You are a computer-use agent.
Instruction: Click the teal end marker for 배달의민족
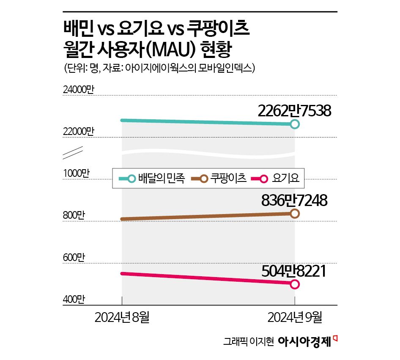[x=295, y=124]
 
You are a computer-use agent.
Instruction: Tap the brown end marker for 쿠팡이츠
[x=295, y=214]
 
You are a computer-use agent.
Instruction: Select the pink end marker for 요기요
[x=295, y=284]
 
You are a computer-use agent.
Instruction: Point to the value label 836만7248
[x=294, y=200]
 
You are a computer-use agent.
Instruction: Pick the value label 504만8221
[x=294, y=271]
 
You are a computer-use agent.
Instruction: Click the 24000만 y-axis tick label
[x=79, y=90]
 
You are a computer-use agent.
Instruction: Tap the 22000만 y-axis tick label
[x=79, y=131]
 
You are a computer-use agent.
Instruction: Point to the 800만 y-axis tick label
[x=74, y=215]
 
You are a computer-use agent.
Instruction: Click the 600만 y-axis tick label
[x=74, y=257]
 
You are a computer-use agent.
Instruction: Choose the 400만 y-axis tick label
[x=74, y=299]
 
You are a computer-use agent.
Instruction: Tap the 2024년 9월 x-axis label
[x=295, y=317]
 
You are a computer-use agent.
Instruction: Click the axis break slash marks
[x=72, y=152]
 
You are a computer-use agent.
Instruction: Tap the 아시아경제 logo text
[x=304, y=341]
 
